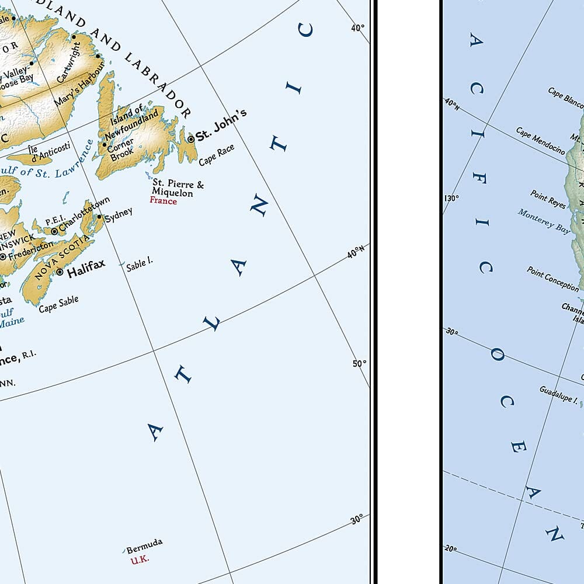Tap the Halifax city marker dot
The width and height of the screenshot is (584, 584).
[x=60, y=272]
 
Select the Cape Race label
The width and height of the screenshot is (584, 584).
[x=216, y=155]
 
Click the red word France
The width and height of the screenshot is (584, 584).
[x=163, y=201]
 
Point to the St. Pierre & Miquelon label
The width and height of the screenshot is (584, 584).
[x=178, y=189]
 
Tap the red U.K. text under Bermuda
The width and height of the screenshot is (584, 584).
[x=140, y=559]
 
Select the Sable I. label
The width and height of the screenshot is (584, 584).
[x=140, y=265]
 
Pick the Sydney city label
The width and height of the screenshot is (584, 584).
[x=119, y=214]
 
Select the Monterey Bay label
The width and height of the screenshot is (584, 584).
[x=544, y=220]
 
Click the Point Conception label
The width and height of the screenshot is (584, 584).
[x=552, y=278]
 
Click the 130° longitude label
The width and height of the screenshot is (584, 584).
[x=451, y=198]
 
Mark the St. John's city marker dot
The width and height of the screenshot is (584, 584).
[x=190, y=139]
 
